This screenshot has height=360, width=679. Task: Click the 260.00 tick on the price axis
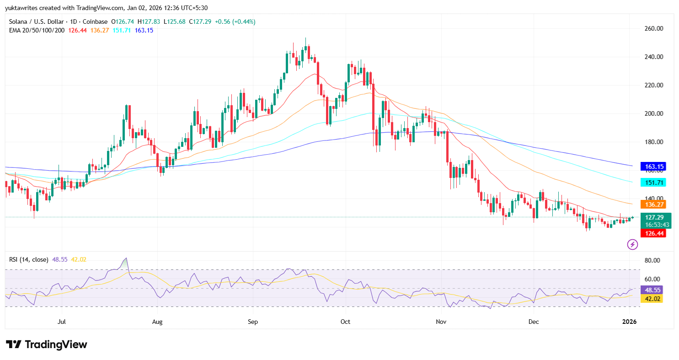point(653,28)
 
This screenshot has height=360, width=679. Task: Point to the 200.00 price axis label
point(653,113)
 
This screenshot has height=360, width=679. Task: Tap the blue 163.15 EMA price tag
point(655,167)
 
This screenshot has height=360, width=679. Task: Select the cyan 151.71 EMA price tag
point(655,182)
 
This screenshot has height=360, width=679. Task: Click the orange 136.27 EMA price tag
point(655,204)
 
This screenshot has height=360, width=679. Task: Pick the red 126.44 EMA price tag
point(655,233)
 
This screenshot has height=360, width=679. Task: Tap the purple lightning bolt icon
point(632,245)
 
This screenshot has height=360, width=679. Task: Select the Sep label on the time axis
point(252,322)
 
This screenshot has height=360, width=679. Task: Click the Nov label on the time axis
point(441,322)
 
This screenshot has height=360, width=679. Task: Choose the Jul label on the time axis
point(62,322)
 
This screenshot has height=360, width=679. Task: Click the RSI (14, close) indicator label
point(28,259)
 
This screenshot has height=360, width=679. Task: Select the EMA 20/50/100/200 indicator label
point(36,30)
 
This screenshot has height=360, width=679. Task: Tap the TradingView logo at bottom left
point(46,344)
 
